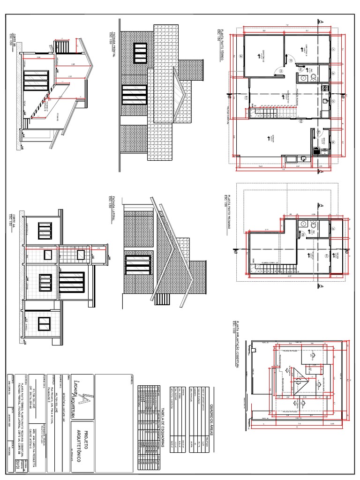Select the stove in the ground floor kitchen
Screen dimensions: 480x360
coord(323,88)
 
